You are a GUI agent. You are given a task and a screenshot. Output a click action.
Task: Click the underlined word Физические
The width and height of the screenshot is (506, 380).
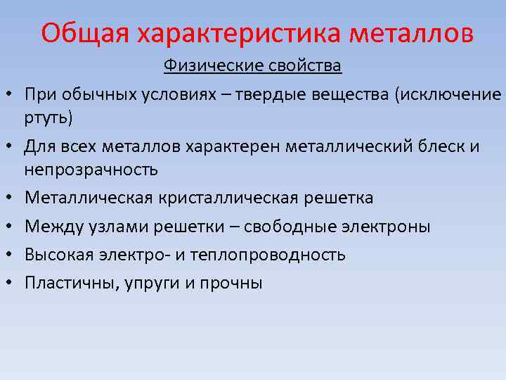click(x=205, y=67)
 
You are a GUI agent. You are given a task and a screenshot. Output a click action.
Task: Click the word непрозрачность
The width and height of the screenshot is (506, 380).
click(x=91, y=170)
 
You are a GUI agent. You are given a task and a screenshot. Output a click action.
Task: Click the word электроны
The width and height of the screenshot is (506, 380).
click(x=387, y=227)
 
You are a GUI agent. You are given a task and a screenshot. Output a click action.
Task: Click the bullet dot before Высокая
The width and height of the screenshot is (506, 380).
click(x=13, y=255)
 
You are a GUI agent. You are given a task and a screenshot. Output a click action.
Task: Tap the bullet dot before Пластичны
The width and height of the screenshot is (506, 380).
click(x=13, y=284)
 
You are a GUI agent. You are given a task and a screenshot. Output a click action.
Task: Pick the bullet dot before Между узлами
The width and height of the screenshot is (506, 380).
click(x=13, y=227)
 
